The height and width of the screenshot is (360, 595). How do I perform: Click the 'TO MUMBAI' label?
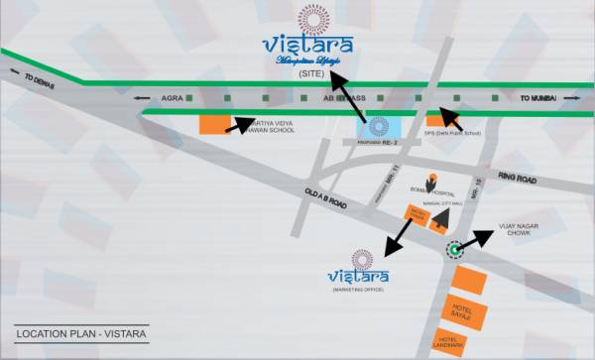click(539, 99)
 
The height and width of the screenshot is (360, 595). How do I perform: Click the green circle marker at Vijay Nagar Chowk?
click(455, 251)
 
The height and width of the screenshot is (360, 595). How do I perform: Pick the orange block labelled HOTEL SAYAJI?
click(467, 312)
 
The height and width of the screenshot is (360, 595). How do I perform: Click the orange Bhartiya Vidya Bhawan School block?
click(214, 124)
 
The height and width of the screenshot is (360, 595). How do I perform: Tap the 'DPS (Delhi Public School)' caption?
click(453, 132)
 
